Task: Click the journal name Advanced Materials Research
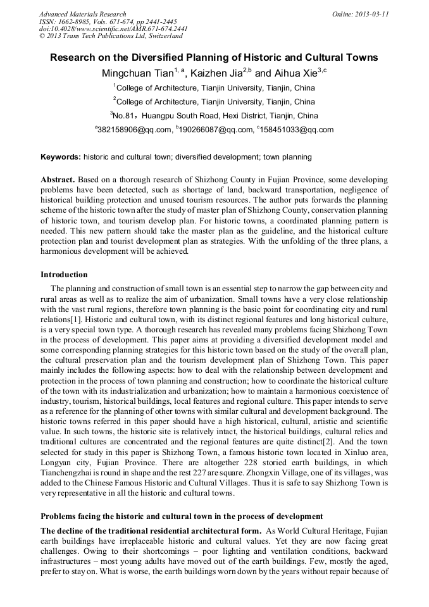click(82, 14)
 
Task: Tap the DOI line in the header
click(113, 29)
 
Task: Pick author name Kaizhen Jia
click(216, 73)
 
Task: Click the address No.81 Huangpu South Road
click(215, 116)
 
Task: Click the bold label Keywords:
click(61, 156)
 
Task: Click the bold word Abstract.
click(58, 180)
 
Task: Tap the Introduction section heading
click(64, 275)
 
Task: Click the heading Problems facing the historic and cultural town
click(182, 516)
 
